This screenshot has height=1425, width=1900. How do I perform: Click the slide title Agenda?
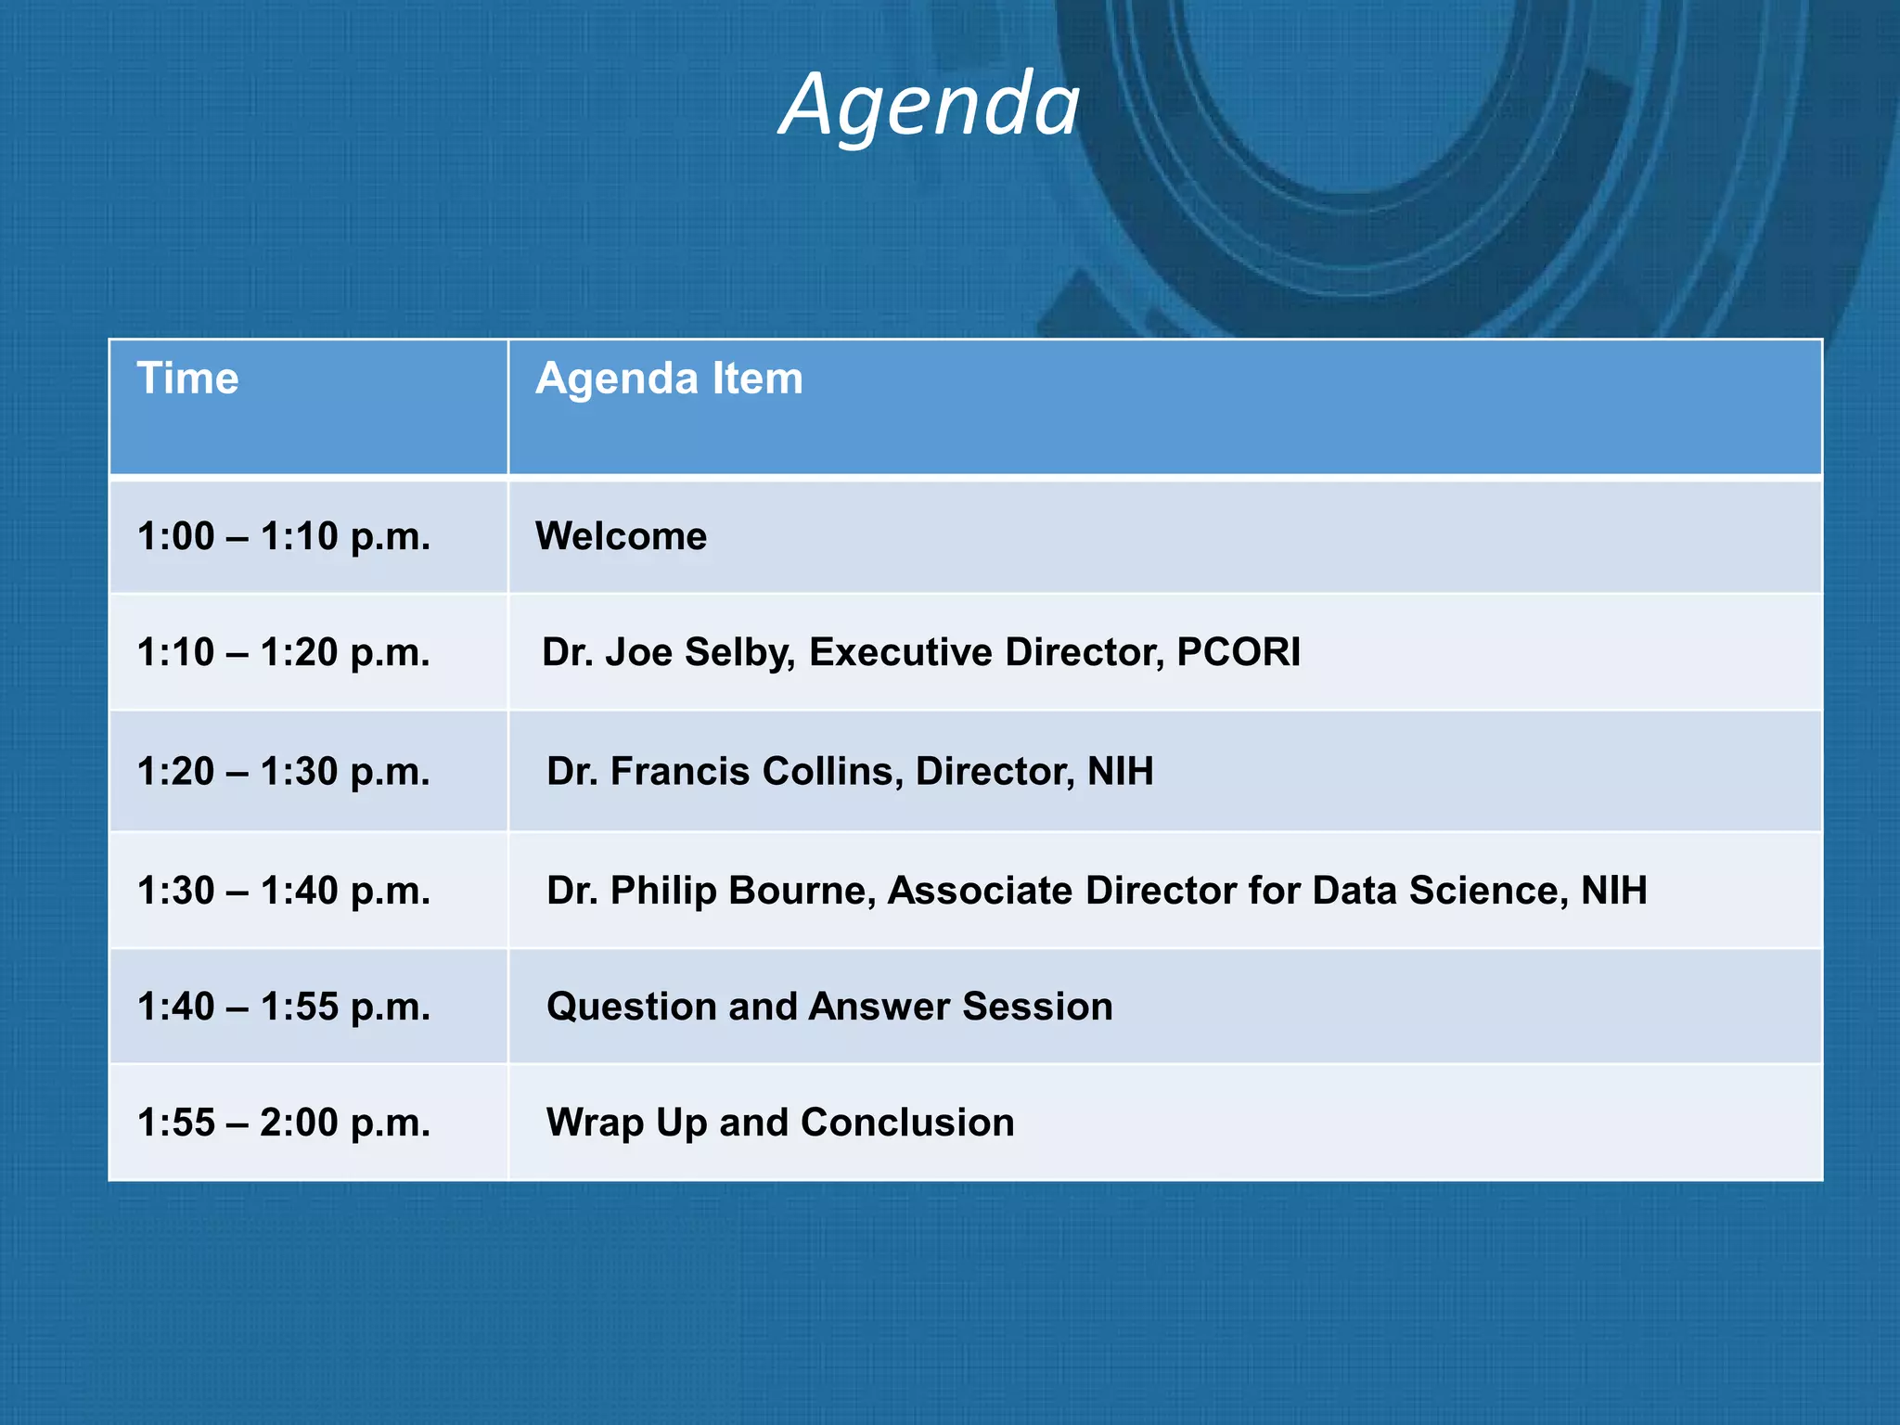930,104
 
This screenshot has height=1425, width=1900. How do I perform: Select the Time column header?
187,379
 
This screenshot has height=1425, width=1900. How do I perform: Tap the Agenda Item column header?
669,379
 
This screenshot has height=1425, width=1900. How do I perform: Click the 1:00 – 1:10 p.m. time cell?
284,536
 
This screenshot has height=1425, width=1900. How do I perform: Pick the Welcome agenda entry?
621,536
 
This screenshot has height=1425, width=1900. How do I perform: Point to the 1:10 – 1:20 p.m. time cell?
284,652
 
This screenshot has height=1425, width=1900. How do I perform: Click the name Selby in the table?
739,652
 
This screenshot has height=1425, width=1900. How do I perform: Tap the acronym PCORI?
1238,652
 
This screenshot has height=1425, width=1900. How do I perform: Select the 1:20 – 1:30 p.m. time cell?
284,771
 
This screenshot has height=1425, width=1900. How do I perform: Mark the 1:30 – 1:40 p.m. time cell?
284,890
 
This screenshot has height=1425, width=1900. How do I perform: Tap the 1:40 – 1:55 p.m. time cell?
284,1007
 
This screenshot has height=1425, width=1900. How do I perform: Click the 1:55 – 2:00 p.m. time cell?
284,1123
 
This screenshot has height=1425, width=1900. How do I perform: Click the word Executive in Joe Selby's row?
901,652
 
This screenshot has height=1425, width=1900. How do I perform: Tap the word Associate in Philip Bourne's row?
981,890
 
